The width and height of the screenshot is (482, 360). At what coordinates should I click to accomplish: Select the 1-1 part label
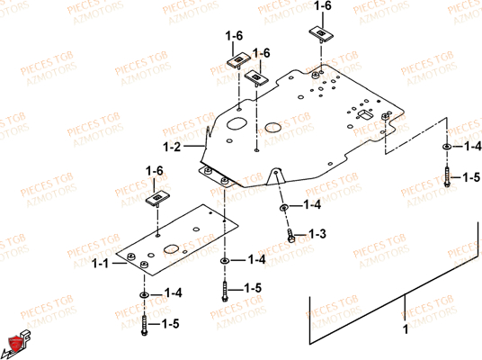(104, 263)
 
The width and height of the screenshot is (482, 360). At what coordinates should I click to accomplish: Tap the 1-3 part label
(317, 235)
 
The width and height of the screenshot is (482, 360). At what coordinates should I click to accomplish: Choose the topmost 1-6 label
(322, 6)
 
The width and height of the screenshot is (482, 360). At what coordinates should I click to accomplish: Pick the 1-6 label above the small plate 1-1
(154, 170)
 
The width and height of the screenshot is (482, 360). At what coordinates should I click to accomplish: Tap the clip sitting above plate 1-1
(158, 197)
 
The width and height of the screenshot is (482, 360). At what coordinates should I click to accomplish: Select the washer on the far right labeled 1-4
(447, 146)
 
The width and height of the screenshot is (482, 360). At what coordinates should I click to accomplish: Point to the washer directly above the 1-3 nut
(285, 207)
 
